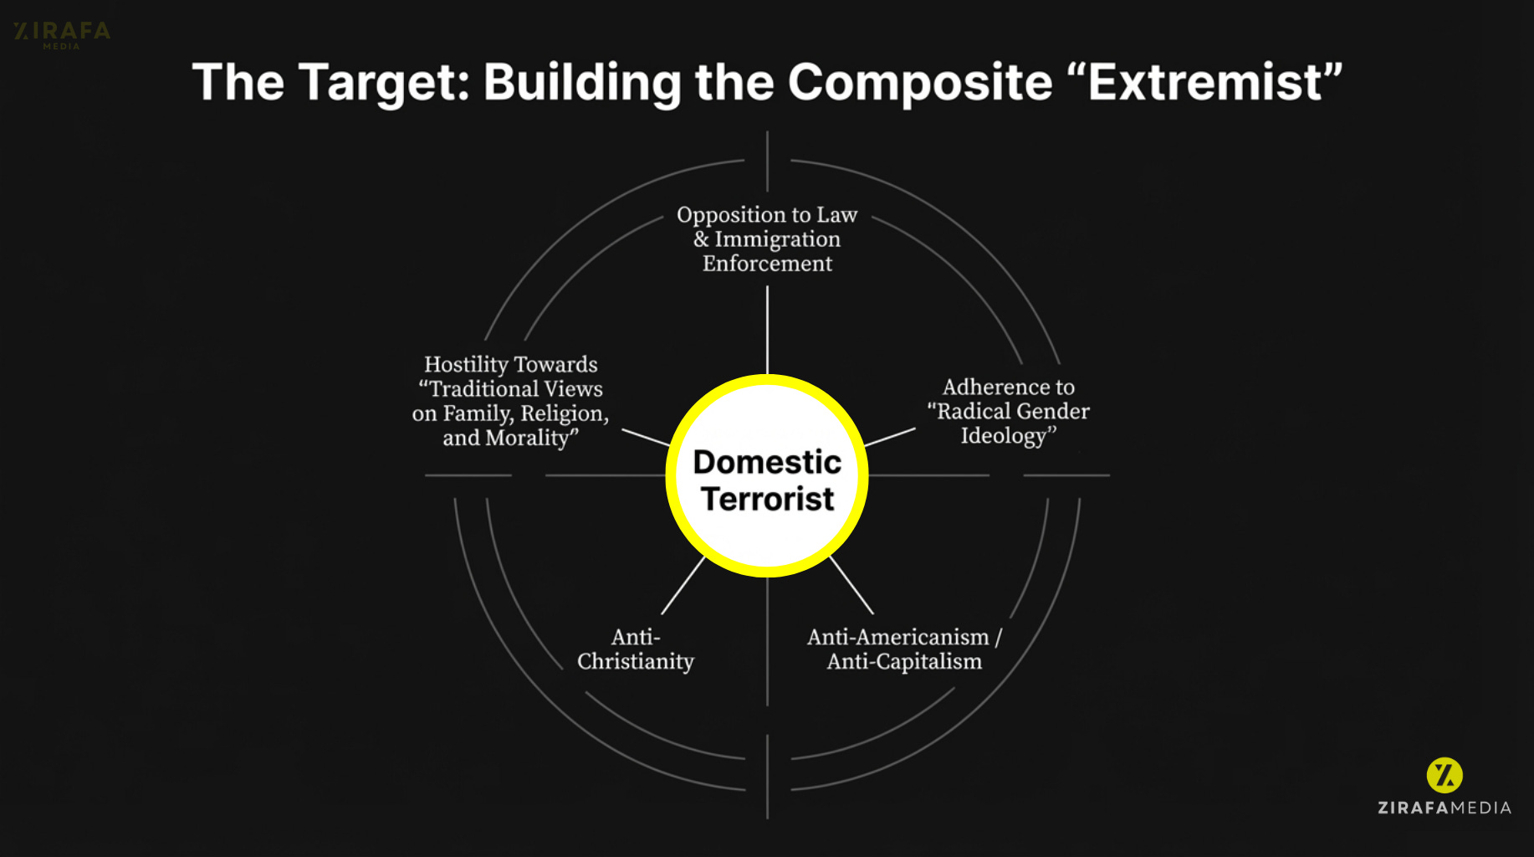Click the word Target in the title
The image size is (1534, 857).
(x=385, y=84)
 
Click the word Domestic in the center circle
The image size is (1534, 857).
(x=767, y=462)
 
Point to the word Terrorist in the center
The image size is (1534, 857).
(x=767, y=499)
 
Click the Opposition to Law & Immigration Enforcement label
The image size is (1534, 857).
(x=767, y=239)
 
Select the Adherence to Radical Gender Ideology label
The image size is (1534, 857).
(x=1008, y=411)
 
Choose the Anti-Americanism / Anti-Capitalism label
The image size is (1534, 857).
(x=904, y=649)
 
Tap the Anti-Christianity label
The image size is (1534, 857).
(x=636, y=649)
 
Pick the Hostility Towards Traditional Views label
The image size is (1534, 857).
(x=510, y=401)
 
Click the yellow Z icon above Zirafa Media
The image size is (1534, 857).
(x=1445, y=775)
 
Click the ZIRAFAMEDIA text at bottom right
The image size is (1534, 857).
(x=1445, y=808)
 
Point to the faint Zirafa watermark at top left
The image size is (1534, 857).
(x=62, y=33)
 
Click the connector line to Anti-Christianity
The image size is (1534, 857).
(x=683, y=586)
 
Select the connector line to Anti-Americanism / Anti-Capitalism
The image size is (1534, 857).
(x=851, y=586)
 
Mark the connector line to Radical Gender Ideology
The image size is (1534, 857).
(x=890, y=437)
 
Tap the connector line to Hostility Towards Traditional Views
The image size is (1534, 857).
(x=646, y=438)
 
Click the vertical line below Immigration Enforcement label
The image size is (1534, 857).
(x=767, y=330)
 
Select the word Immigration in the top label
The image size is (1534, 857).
(x=777, y=239)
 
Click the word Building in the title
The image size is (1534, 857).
(x=582, y=84)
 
